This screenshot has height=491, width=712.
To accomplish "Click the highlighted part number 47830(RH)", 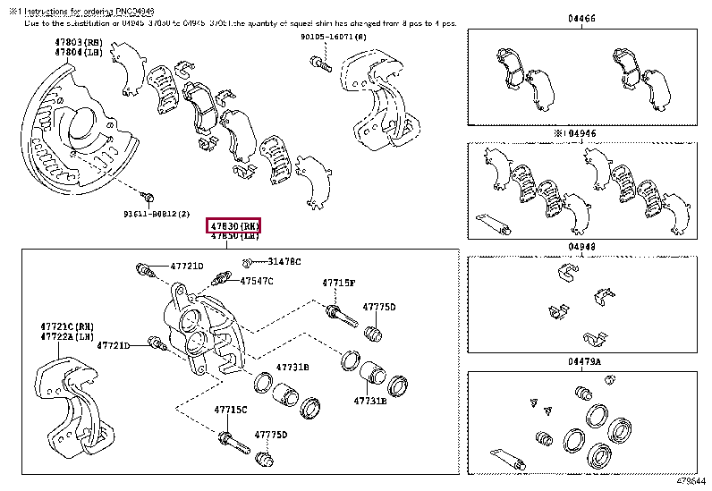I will coord(233,225).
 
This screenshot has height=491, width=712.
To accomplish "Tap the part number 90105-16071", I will coord(333,38).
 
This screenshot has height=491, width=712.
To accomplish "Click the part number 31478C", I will coord(284,262).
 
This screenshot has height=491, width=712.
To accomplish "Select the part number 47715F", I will coord(339,284).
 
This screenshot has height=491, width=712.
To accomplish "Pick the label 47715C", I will coord(230,410).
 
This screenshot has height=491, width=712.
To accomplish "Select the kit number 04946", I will coord(586,131).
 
